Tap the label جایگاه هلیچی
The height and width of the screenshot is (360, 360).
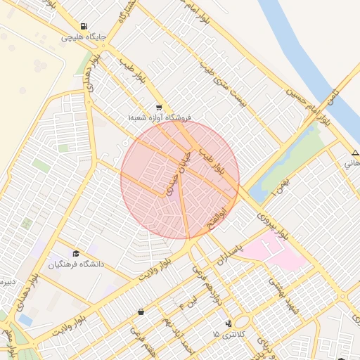[84, 37]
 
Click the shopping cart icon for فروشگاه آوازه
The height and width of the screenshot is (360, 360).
[160, 108]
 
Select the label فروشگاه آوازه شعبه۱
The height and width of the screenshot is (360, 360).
[160, 119]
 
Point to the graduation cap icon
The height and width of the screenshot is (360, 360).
[76, 253]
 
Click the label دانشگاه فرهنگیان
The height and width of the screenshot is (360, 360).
[76, 264]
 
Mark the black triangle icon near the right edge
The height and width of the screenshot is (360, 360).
[355, 153]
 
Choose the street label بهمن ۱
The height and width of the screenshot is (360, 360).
[282, 187]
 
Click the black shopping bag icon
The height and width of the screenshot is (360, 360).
[141, 311]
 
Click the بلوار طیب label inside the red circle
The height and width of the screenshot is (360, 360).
[210, 160]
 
